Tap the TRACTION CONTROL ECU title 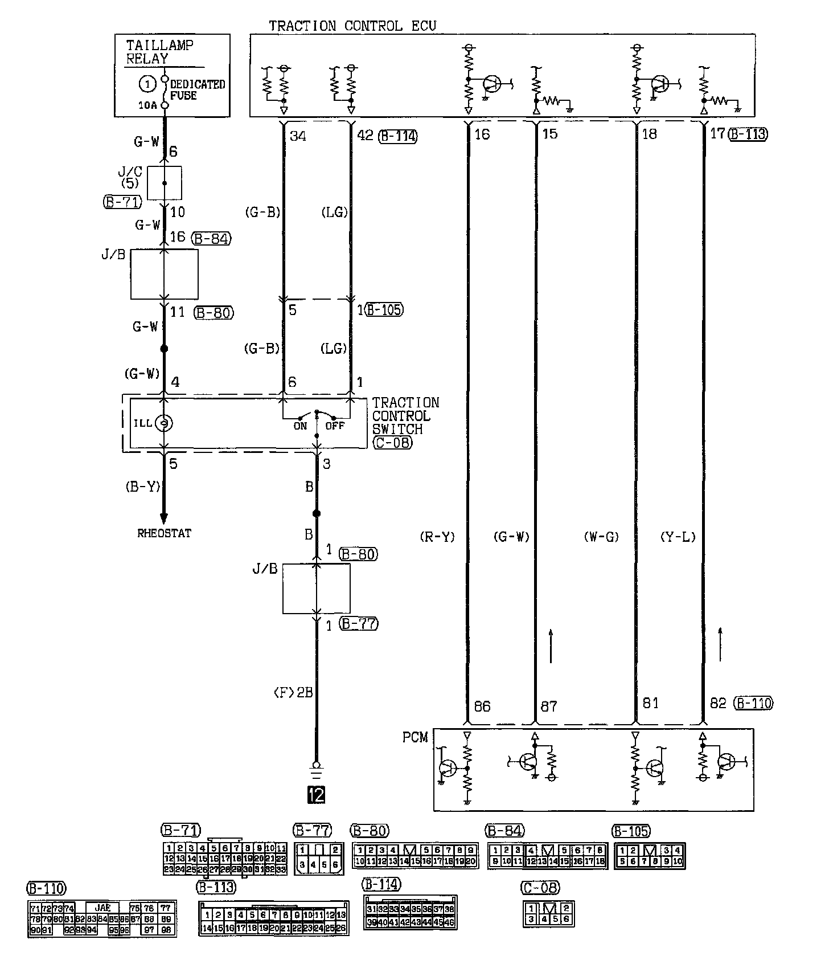click(x=352, y=26)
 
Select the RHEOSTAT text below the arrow click(x=164, y=533)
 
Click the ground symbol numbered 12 click(x=316, y=794)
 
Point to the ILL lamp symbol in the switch click(x=164, y=423)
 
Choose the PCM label click(x=415, y=737)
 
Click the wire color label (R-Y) click(x=437, y=537)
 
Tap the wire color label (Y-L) click(x=678, y=537)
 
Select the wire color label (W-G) click(x=601, y=537)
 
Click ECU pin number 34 click(x=298, y=136)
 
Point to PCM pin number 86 click(x=482, y=706)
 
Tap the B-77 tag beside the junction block click(x=359, y=624)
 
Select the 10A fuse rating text click(x=146, y=105)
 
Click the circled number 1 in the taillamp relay click(x=147, y=84)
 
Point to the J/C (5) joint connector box click(x=165, y=183)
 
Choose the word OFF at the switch click(x=335, y=426)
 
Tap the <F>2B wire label click(x=293, y=692)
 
